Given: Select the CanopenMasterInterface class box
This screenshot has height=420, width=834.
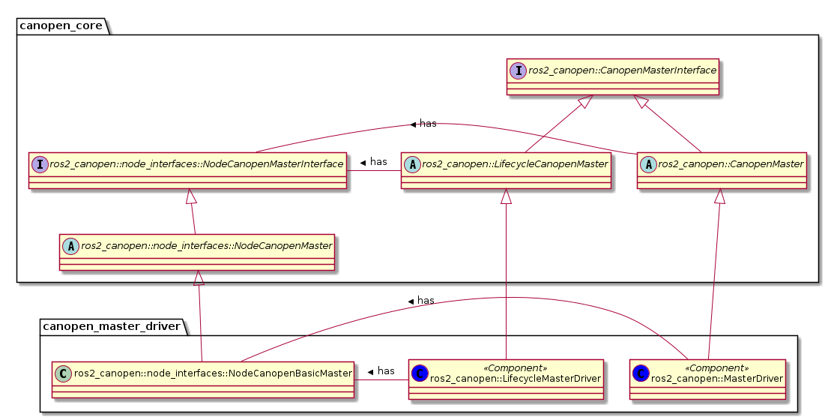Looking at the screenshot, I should click(x=612, y=76).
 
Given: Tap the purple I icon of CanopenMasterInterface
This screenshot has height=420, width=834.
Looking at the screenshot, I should click(x=519, y=70).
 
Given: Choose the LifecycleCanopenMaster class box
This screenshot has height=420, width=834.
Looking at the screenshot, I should click(x=506, y=170).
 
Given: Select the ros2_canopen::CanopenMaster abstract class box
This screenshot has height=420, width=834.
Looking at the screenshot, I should click(x=722, y=170).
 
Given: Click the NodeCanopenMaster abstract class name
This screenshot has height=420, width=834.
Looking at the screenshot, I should click(x=206, y=244).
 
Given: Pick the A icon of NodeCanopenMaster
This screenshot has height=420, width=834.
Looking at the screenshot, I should click(x=70, y=244).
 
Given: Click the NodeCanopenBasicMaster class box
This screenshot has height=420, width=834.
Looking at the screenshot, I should click(x=202, y=378).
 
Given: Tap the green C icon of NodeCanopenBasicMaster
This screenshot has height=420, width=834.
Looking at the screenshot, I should click(x=63, y=372).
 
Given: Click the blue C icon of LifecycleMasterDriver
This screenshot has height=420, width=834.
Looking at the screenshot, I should click(x=420, y=372).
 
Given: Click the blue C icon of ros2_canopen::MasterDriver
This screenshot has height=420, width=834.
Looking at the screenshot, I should click(x=640, y=372).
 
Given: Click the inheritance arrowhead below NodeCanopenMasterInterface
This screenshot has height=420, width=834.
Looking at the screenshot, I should click(x=191, y=196).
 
